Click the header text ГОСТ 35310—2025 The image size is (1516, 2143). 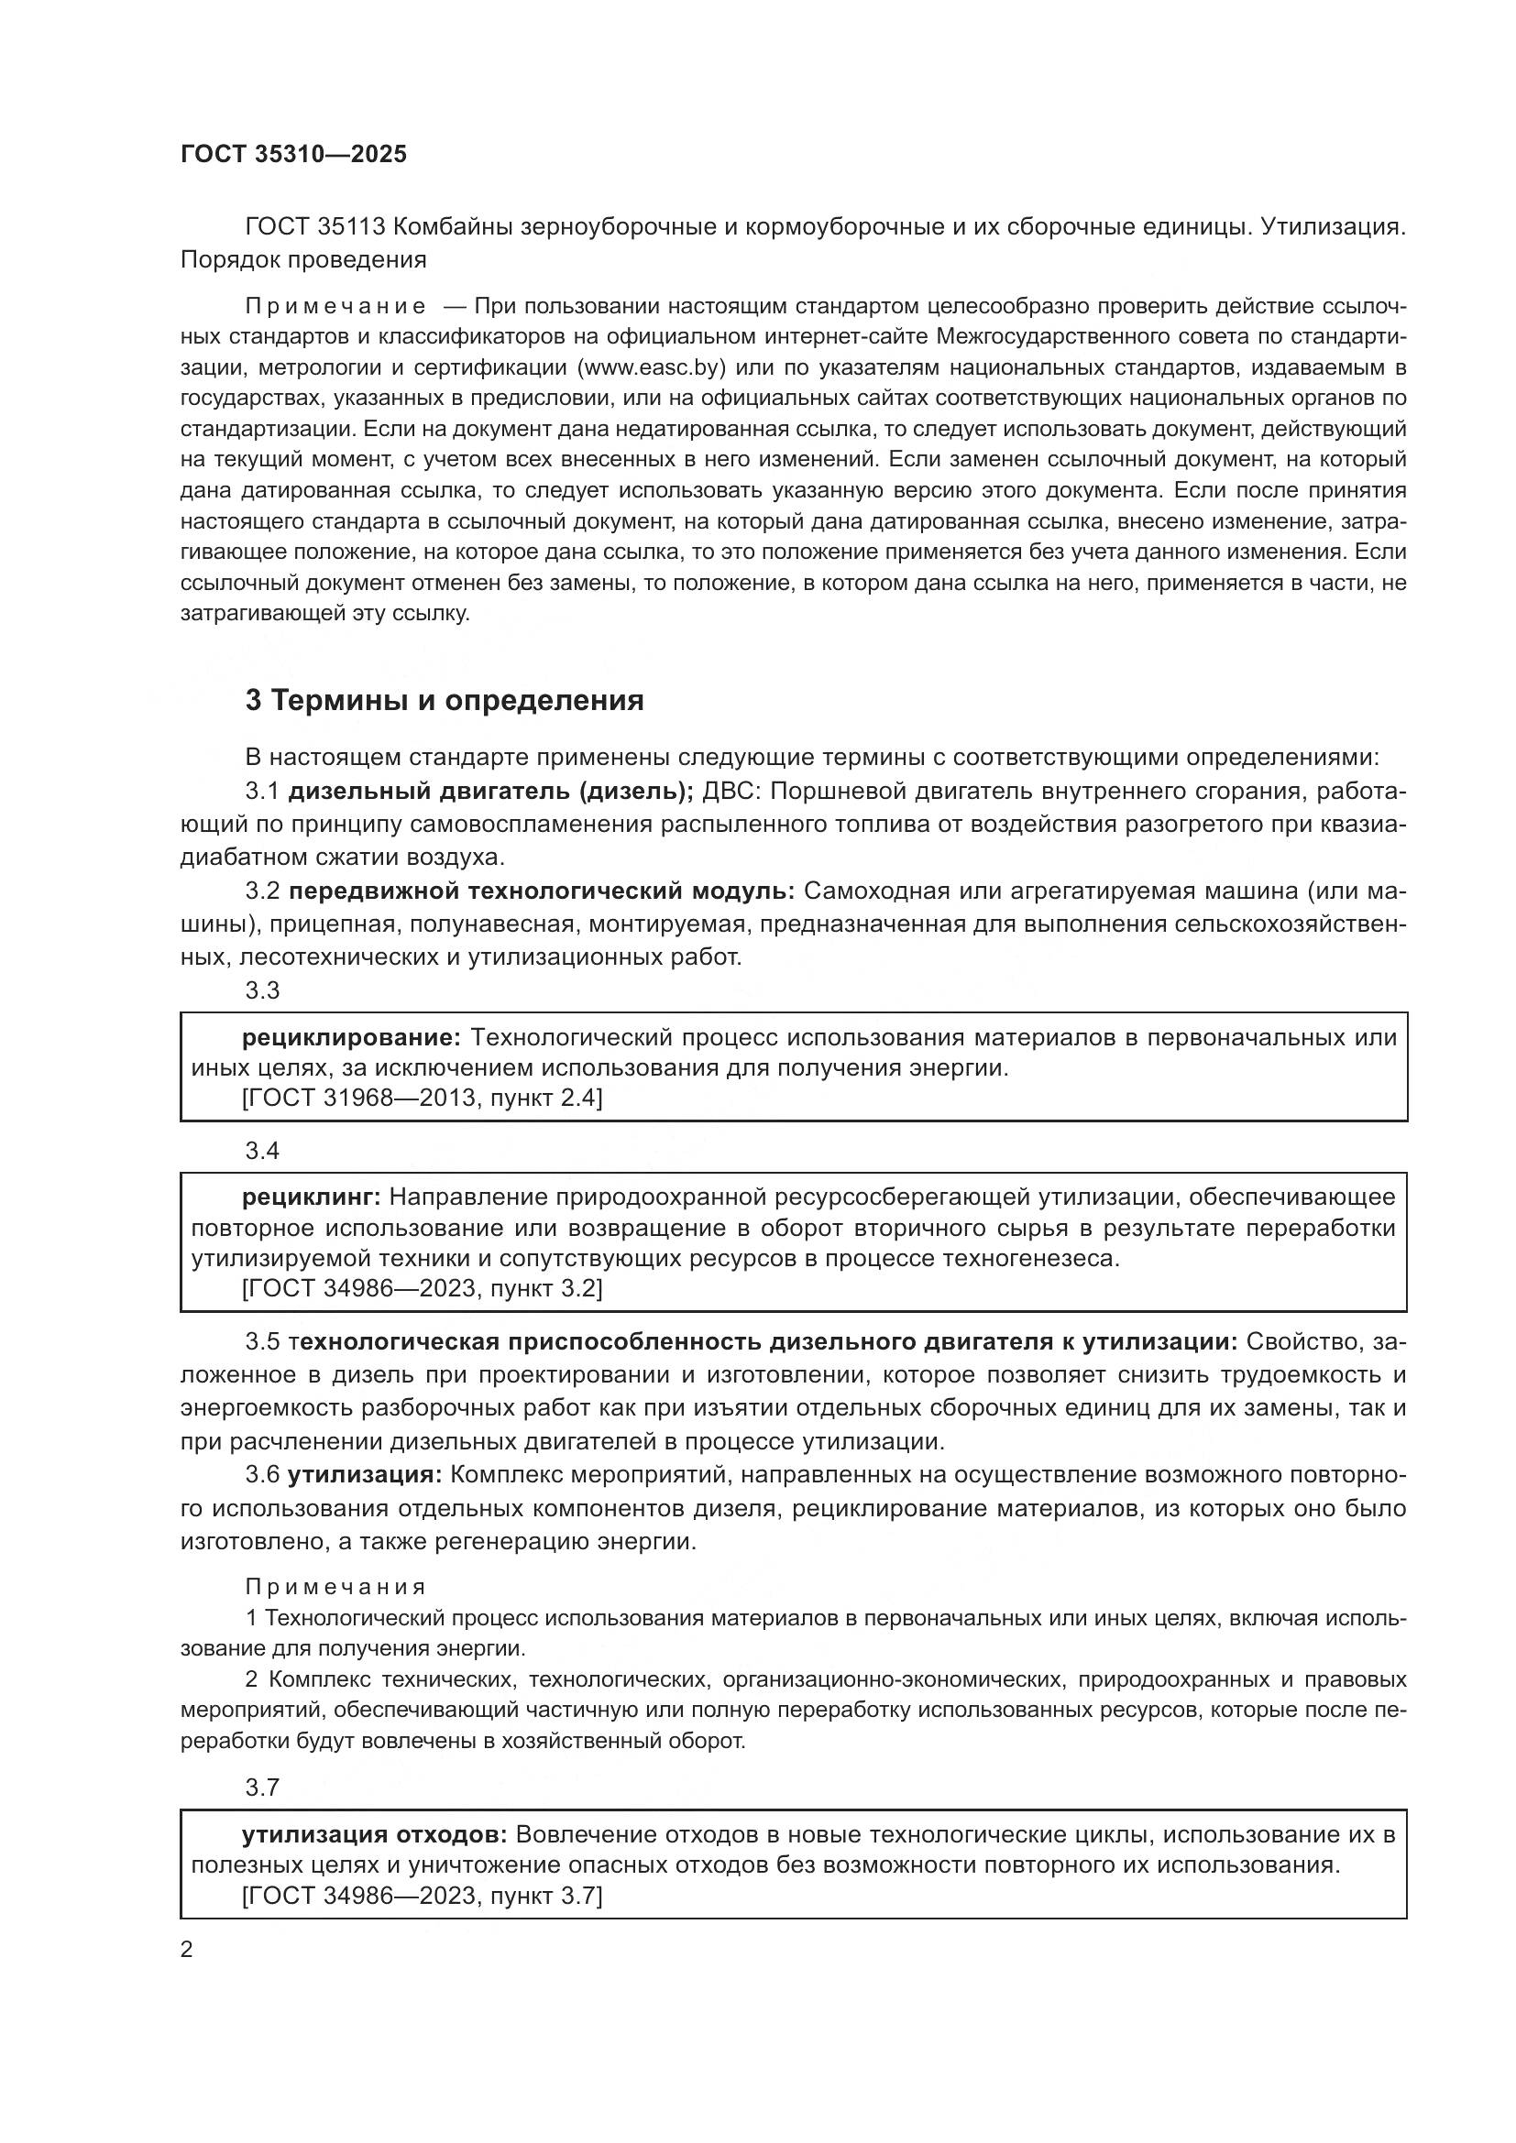[293, 155]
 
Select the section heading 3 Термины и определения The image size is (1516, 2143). [445, 700]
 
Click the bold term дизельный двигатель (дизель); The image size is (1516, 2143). [490, 792]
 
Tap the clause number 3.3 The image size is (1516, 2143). [262, 990]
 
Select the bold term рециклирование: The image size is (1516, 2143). [351, 1038]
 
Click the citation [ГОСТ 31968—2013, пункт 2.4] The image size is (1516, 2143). [422, 1099]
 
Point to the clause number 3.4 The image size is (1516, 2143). [262, 1151]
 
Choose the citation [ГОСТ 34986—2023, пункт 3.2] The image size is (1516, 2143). [422, 1289]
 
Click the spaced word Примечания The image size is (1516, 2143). [336, 1587]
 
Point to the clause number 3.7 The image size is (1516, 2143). [262, 1788]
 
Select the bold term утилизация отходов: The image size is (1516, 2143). [374, 1835]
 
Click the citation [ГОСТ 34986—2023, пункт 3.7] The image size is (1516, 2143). [422, 1896]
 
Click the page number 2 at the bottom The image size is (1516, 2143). [187, 1950]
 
